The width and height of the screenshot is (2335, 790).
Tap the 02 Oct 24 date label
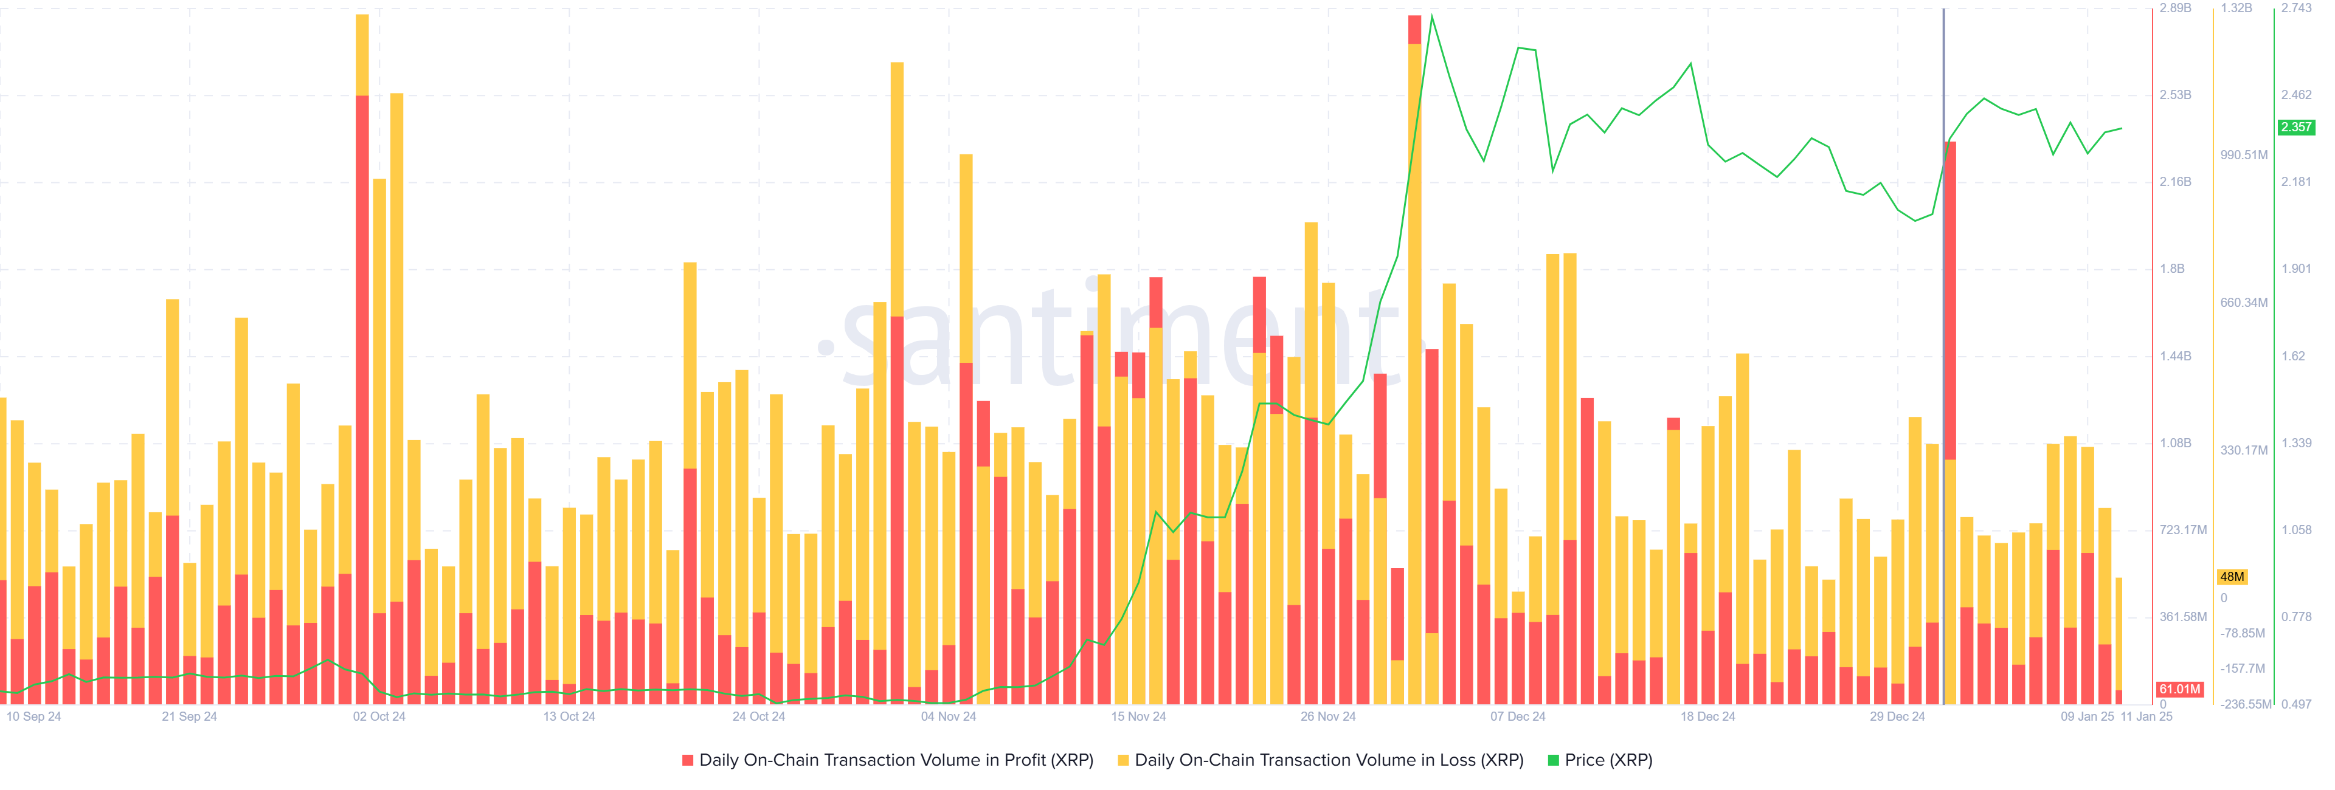(379, 716)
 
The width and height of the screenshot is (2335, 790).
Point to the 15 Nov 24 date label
(1138, 716)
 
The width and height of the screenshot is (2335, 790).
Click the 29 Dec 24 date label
(1897, 716)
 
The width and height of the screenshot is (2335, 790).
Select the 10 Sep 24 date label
(33, 716)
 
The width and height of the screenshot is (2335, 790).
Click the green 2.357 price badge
(2296, 128)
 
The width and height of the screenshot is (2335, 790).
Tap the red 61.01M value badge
(2179, 690)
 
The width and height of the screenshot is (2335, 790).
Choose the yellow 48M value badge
(2232, 577)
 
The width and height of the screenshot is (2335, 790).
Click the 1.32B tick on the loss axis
(2236, 8)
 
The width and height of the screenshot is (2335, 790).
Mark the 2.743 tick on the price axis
(2296, 8)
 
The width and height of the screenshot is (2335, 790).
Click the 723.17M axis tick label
(2183, 530)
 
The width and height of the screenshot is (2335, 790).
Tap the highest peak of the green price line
(1431, 16)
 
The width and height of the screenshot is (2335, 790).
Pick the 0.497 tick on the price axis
(2296, 704)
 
